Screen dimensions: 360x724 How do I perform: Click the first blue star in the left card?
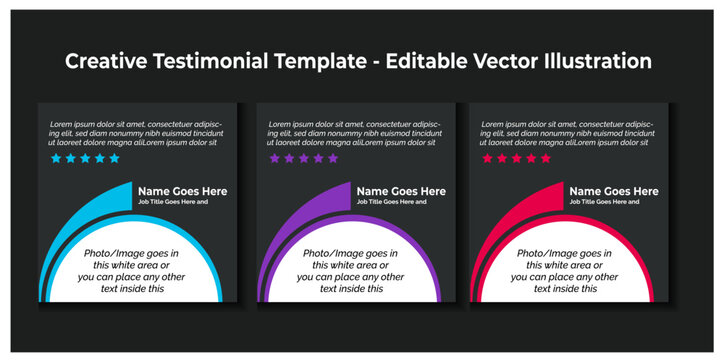click(56, 158)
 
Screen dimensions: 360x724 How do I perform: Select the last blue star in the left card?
click(114, 158)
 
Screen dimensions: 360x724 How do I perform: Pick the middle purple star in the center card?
click(304, 158)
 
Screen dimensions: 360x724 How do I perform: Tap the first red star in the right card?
click(488, 158)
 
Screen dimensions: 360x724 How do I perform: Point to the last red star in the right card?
click(546, 158)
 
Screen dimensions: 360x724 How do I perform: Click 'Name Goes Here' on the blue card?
click(182, 191)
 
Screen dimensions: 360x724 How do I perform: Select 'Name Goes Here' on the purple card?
click(401, 191)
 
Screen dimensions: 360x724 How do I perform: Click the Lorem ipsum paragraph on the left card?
click(136, 132)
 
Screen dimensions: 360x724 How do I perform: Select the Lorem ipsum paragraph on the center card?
click(355, 132)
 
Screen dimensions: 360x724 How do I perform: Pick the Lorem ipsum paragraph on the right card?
click(569, 132)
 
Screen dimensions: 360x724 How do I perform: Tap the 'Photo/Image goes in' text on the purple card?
click(350, 254)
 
